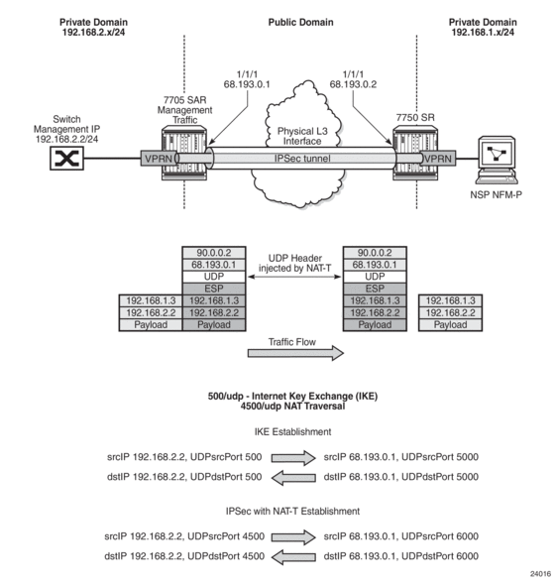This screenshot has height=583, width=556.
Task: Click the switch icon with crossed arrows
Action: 67,159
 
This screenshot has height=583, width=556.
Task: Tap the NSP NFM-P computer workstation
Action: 497,160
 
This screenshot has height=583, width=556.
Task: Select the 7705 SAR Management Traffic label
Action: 184,110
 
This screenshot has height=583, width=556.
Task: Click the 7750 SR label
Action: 415,117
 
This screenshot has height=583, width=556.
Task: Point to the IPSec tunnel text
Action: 302,159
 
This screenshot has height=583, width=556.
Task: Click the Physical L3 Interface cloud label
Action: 302,136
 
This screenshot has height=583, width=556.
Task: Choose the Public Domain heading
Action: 300,22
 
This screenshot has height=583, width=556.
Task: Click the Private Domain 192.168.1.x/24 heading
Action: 483,27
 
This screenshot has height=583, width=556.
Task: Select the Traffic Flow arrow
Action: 295,353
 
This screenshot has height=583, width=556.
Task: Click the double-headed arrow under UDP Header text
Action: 294,277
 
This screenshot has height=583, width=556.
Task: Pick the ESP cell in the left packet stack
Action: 214,289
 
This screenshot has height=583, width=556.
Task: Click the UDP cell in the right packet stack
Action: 375,277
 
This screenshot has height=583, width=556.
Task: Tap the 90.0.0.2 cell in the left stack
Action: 214,253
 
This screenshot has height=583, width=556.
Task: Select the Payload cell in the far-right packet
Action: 450,325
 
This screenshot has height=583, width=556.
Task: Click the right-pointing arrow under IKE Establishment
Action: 293,457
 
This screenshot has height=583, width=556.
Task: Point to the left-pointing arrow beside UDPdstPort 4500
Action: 293,557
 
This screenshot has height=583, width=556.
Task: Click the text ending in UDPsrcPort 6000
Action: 401,536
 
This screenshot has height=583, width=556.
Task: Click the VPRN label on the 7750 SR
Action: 437,159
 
